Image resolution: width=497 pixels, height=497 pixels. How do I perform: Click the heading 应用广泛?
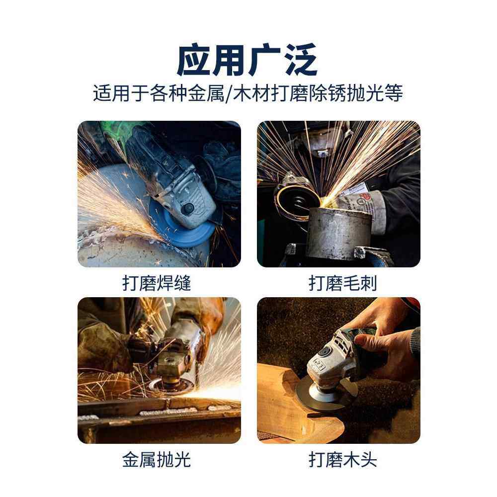click(x=247, y=60)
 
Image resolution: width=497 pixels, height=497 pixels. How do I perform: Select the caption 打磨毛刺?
click(x=342, y=283)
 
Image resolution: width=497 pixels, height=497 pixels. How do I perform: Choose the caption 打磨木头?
click(x=342, y=460)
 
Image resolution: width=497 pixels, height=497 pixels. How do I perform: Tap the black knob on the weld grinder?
click(x=188, y=209)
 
